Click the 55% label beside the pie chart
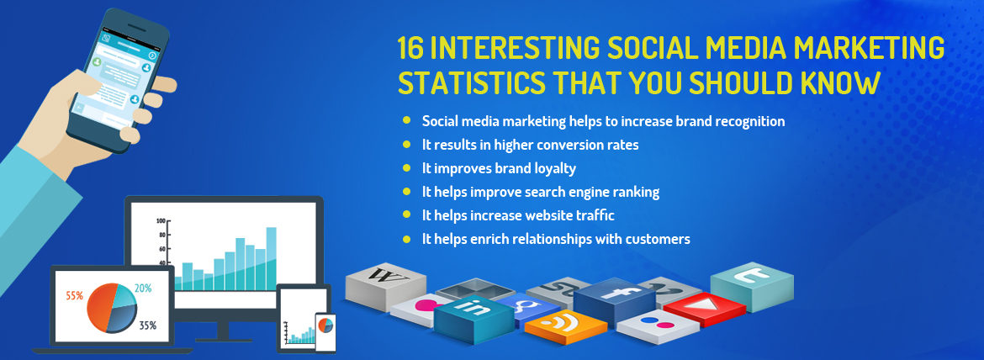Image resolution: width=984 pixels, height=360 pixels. click(73, 296)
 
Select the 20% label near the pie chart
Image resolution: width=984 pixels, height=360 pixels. click(142, 288)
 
